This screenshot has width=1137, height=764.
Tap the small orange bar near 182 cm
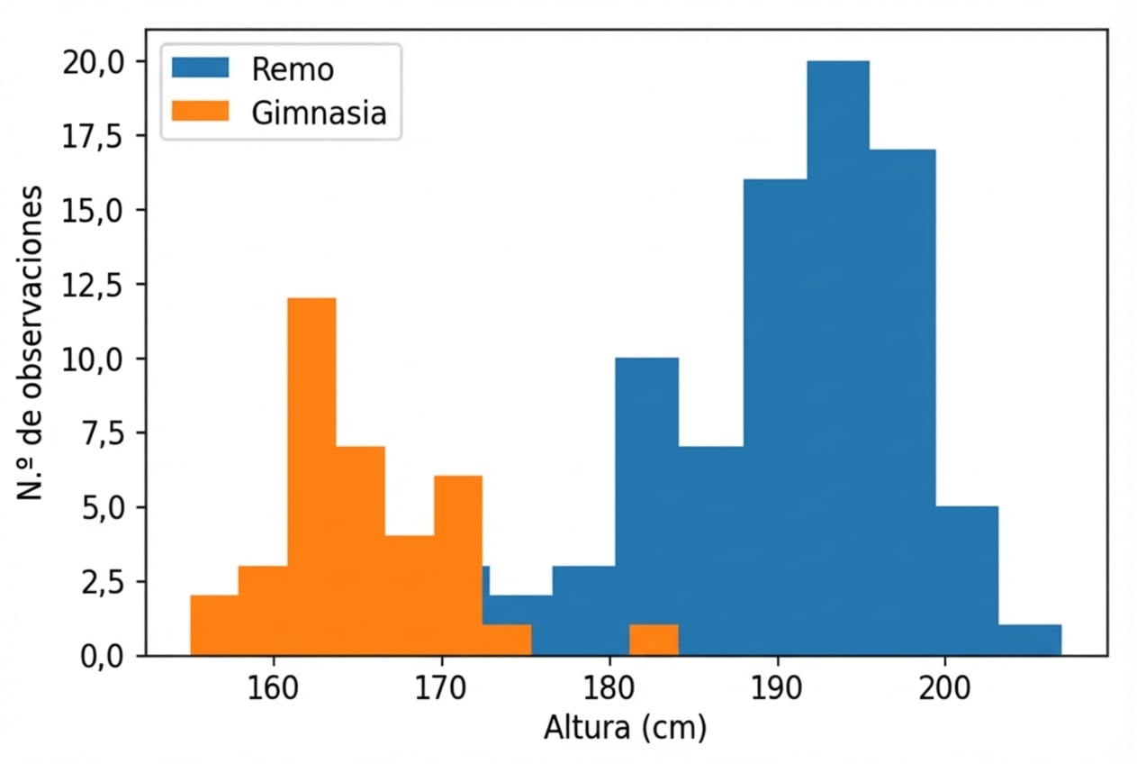[654, 640]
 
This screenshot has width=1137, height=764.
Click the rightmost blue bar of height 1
[1030, 640]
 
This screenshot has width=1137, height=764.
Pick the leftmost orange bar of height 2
[214, 625]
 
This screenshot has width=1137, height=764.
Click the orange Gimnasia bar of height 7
[361, 550]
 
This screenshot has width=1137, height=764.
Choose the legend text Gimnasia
[320, 114]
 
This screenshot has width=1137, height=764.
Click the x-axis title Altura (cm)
[625, 728]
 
